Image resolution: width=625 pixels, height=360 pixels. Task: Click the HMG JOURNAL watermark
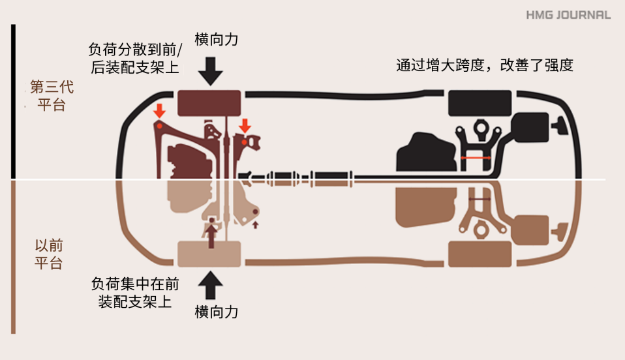[x=568, y=15]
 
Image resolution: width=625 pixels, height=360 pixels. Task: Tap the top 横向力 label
[x=217, y=40]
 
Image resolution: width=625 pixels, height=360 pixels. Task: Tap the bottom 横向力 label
[x=217, y=312]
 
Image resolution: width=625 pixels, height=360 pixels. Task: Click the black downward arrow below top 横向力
[x=211, y=71]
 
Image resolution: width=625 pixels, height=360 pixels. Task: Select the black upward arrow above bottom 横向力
[x=211, y=285]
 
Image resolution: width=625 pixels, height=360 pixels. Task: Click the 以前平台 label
[x=49, y=254]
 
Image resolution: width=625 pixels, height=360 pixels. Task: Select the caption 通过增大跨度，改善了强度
[x=485, y=65]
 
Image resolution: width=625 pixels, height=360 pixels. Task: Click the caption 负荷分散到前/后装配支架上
[x=135, y=58]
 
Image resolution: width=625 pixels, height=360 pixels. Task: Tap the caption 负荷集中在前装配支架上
[x=135, y=293]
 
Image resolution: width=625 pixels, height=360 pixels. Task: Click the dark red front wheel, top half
[x=209, y=103]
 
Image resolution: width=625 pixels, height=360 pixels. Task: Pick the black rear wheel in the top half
[x=480, y=103]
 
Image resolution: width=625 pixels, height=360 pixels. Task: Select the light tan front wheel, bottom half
[x=209, y=254]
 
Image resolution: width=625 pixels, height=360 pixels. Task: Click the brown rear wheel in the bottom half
[x=480, y=254]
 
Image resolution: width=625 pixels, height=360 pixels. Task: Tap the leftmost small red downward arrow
[x=159, y=111]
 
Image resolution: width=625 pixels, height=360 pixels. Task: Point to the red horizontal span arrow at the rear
[x=476, y=158]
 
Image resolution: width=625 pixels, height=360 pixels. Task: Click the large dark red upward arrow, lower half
[x=211, y=235]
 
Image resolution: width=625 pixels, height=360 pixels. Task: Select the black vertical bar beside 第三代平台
[x=13, y=101]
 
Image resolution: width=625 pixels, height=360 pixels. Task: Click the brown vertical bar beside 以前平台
[x=13, y=257]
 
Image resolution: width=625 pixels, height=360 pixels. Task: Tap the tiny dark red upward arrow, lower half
[x=256, y=225]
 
